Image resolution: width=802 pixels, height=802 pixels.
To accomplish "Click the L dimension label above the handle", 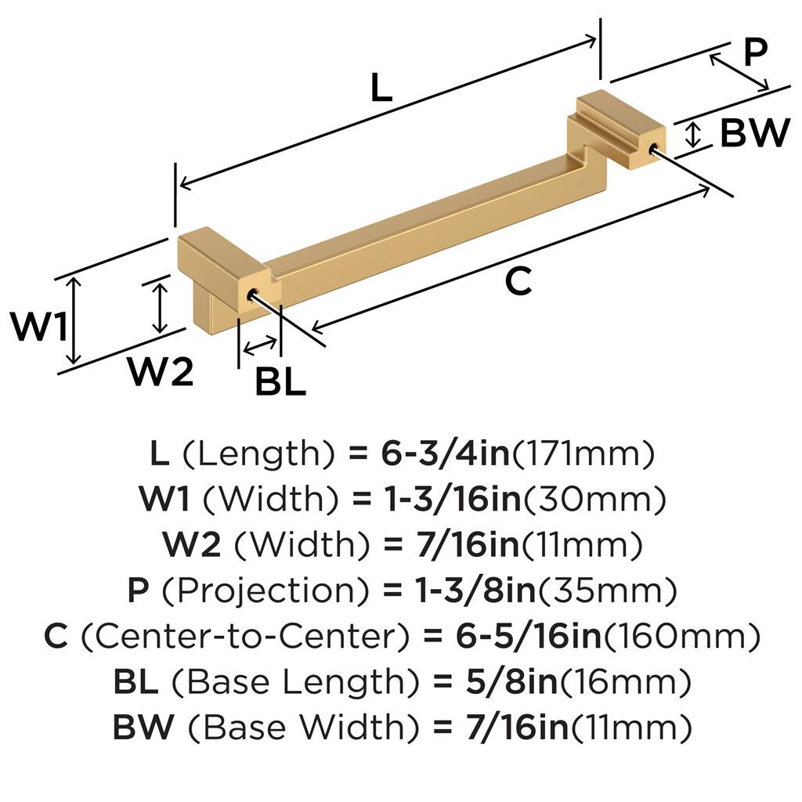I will click(381, 89).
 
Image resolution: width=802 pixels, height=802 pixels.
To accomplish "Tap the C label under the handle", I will click(518, 281).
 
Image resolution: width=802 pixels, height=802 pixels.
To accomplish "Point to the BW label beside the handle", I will click(754, 134).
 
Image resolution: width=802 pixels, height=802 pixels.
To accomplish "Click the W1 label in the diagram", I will click(38, 327).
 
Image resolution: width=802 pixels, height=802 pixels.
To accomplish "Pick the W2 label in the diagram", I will click(160, 373).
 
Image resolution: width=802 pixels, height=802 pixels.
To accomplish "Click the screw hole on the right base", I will click(652, 147).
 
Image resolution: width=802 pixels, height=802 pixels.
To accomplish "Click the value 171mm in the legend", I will click(583, 453).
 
